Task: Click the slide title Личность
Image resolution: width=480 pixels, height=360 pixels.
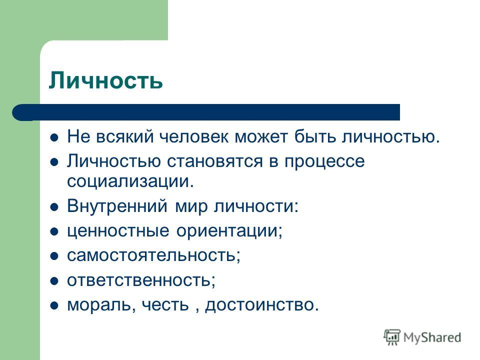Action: click(105, 80)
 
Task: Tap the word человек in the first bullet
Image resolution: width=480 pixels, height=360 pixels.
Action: click(194, 136)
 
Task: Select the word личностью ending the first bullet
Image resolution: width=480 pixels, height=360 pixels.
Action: click(391, 136)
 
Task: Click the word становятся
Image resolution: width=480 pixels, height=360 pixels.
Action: click(214, 161)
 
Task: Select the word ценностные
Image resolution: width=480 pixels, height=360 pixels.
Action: click(118, 231)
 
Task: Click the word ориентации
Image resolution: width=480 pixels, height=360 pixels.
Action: click(229, 231)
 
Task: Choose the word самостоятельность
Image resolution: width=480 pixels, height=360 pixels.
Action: click(153, 256)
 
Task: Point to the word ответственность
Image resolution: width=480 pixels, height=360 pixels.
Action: click(141, 280)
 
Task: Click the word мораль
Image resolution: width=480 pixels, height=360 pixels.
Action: click(101, 305)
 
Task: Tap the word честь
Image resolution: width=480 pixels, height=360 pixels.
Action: click(165, 305)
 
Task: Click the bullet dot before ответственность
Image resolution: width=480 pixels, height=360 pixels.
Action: click(54, 281)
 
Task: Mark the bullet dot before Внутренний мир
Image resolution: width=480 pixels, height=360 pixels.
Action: click(54, 207)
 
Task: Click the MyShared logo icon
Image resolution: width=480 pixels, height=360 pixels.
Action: click(392, 337)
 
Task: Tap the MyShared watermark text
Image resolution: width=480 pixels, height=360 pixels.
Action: click(432, 338)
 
